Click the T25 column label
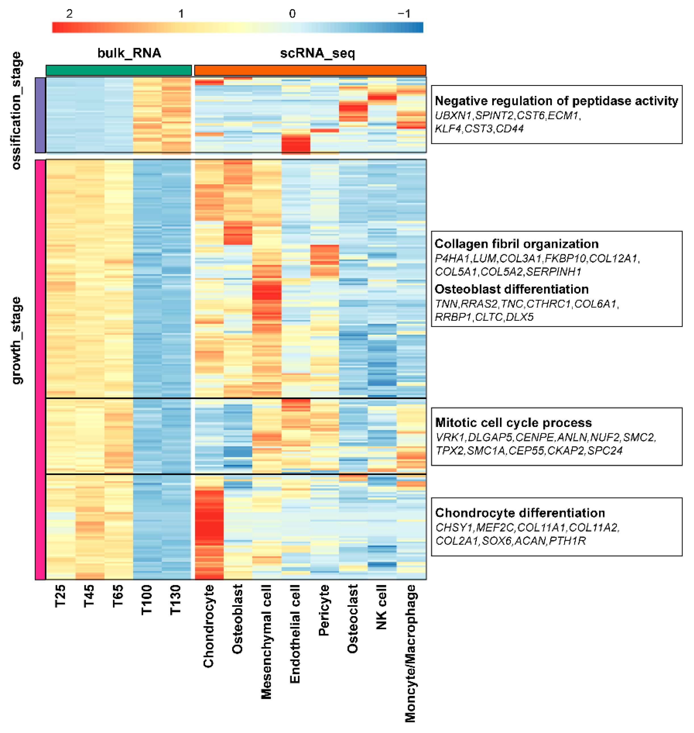60,596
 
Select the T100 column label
147,600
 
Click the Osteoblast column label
237,619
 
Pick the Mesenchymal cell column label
266,642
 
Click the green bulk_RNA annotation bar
119,70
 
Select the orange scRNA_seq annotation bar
310,70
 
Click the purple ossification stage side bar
40,115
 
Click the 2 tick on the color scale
69,14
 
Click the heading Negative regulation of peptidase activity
556,101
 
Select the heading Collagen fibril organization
516,244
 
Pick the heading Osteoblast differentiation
512,289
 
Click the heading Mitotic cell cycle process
513,423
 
